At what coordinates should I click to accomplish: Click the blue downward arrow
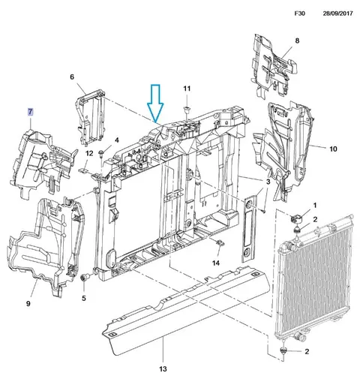(155, 104)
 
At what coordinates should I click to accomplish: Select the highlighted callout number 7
(30, 112)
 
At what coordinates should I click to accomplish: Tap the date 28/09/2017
(337, 14)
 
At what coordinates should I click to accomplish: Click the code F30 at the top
(300, 14)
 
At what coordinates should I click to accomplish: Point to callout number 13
(163, 368)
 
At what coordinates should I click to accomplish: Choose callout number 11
(187, 89)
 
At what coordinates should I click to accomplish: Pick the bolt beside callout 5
(84, 278)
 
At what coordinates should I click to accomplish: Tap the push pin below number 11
(187, 109)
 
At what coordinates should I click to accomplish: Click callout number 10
(333, 149)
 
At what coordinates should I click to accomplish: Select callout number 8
(297, 41)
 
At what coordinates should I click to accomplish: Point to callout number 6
(72, 77)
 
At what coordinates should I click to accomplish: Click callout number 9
(28, 303)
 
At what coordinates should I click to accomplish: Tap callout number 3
(268, 182)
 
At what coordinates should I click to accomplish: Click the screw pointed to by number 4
(101, 153)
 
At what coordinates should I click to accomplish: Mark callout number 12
(89, 153)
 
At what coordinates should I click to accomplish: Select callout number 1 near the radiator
(315, 206)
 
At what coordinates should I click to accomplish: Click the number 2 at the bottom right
(307, 351)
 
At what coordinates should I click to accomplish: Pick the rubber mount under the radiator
(283, 350)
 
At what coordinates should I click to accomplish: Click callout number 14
(216, 263)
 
